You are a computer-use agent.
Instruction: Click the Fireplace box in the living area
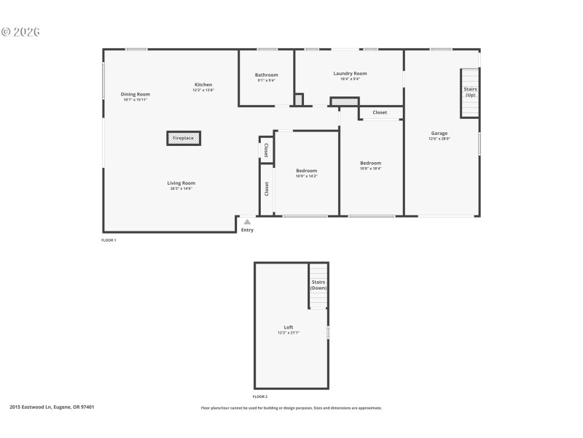click(x=184, y=138)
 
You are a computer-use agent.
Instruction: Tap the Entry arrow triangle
click(x=247, y=222)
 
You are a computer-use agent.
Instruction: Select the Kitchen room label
click(x=203, y=85)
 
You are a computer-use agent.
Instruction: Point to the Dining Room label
click(x=135, y=94)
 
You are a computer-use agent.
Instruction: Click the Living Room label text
click(x=181, y=183)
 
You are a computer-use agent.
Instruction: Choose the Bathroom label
click(x=266, y=75)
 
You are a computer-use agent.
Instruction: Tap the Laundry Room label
click(x=350, y=74)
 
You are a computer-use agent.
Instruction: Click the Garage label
click(x=439, y=134)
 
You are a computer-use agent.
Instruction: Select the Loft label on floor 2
click(x=289, y=327)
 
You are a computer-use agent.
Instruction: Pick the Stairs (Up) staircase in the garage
click(x=470, y=93)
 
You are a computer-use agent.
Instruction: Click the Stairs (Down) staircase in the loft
click(x=318, y=285)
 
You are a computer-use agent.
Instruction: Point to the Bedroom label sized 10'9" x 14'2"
click(x=306, y=171)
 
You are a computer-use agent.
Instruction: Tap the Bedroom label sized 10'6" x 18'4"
click(x=370, y=164)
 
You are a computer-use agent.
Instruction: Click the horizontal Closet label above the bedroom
click(x=380, y=112)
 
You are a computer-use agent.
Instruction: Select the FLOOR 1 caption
click(x=109, y=239)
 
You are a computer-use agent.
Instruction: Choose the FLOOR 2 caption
click(x=261, y=396)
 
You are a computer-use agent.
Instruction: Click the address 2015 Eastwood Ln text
click(x=52, y=407)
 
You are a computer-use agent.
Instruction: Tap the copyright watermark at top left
click(x=20, y=32)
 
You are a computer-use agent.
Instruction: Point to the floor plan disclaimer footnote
click(x=291, y=408)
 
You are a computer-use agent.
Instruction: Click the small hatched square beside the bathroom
click(x=298, y=99)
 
